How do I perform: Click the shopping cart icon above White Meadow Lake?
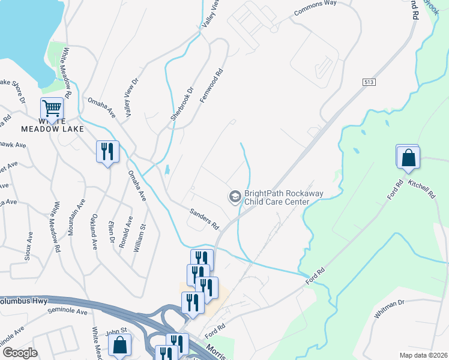(x=52, y=109)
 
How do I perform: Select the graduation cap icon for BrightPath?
(x=234, y=196)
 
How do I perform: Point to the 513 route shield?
(x=369, y=81)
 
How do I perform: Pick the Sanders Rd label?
(x=204, y=218)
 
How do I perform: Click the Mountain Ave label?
(x=71, y=218)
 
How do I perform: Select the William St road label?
(x=139, y=237)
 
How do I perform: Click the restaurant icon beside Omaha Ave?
(x=107, y=151)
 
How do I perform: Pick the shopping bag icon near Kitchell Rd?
(x=408, y=158)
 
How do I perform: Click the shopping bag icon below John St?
(x=119, y=345)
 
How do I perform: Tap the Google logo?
(x=20, y=353)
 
